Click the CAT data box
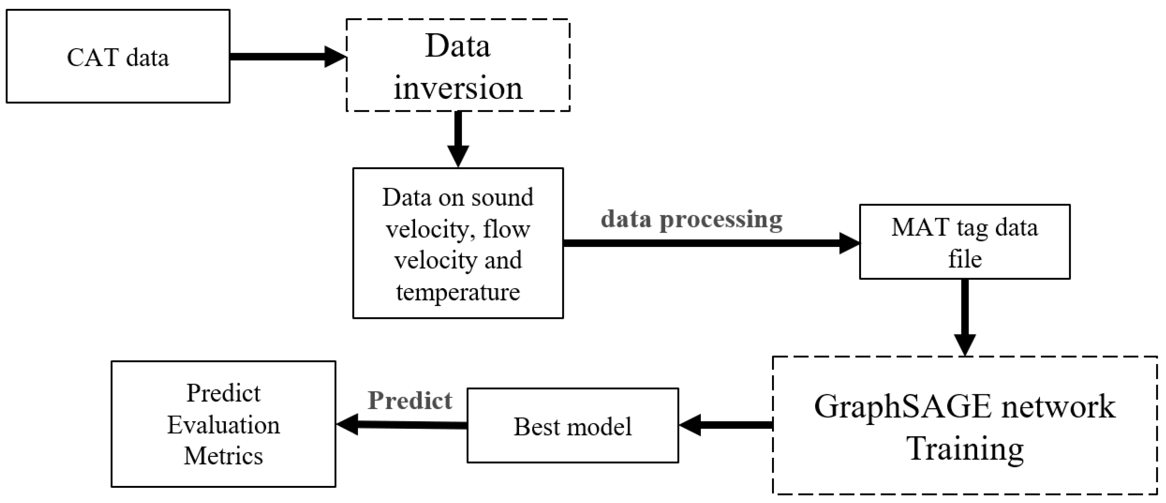tap(118, 56)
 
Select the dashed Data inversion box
tap(458, 65)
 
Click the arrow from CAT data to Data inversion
tap(287, 56)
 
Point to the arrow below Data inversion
tap(458, 138)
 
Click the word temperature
tap(458, 292)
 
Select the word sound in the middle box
tap(502, 197)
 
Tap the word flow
tap(506, 229)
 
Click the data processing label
tap(691, 220)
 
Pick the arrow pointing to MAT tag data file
tap(711, 243)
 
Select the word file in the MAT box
tap(965, 259)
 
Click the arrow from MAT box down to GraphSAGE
tap(965, 317)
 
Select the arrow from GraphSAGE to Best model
tap(726, 425)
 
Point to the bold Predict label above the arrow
tap(410, 401)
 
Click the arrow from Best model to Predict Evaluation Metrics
tap(401, 425)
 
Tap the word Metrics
tap(223, 456)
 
